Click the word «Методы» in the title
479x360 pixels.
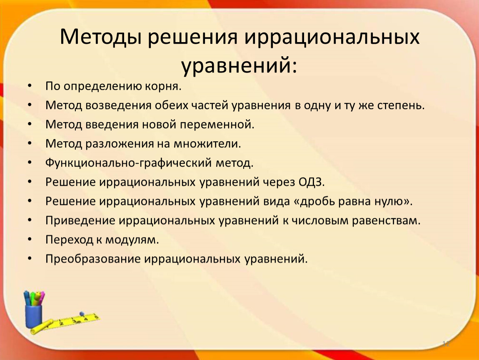click(100, 37)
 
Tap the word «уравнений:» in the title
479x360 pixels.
click(239, 66)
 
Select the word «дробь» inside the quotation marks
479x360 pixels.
click(317, 201)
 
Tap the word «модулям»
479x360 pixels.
click(130, 240)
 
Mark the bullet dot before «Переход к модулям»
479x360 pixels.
click(30, 239)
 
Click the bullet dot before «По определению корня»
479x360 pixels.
click(30, 85)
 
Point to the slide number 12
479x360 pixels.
click(446, 344)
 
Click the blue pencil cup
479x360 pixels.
click(33, 316)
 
